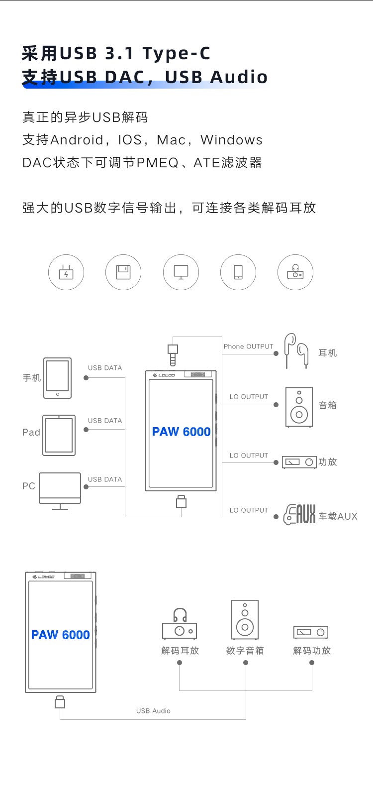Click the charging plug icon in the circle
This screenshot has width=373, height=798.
[66, 272]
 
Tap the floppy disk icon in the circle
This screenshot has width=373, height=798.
[123, 272]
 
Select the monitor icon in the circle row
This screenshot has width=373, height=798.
[181, 272]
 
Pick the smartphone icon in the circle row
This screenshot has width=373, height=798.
[238, 272]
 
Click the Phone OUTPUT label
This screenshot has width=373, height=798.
[248, 346]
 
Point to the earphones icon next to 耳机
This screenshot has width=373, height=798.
[296, 351]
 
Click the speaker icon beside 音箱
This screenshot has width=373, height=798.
[299, 407]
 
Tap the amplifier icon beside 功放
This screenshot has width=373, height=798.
[299, 462]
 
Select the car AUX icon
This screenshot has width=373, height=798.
[299, 515]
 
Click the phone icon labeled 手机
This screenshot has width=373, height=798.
[57, 378]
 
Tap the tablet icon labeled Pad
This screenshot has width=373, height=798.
[59, 435]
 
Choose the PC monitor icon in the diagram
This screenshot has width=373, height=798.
[60, 490]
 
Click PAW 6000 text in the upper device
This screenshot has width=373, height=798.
[181, 432]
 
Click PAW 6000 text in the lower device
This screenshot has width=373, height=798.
[60, 635]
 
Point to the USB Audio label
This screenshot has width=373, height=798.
[153, 711]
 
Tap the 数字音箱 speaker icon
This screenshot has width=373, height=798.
[245, 620]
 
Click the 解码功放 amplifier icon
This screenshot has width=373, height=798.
[311, 632]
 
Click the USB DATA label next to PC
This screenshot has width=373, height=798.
[105, 479]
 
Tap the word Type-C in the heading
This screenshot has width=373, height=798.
[177, 53]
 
